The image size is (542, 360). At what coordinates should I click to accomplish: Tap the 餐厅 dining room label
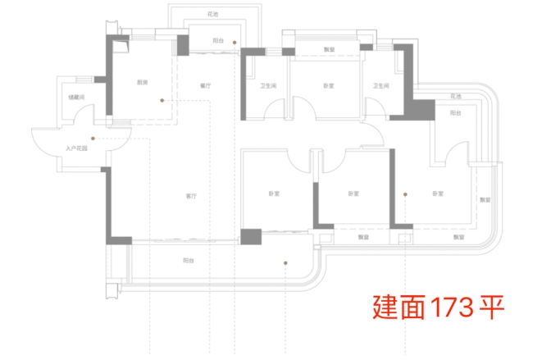pyautogui.click(x=206, y=85)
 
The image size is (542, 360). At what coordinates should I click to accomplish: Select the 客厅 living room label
pyautogui.click(x=190, y=197)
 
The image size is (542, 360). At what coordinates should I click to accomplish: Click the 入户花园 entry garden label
pyautogui.click(x=76, y=149)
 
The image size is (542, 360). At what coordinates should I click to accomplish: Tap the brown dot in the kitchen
pyautogui.click(x=162, y=100)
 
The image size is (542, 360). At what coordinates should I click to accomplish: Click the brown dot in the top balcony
pyautogui.click(x=235, y=41)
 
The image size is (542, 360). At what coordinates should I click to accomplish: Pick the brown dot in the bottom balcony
pyautogui.click(x=285, y=263)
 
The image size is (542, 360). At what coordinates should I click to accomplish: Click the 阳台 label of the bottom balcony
pyautogui.click(x=189, y=261)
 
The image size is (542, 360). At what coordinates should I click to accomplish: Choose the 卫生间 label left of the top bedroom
pyautogui.click(x=267, y=85)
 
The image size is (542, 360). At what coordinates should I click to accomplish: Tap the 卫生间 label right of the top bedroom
pyautogui.click(x=379, y=85)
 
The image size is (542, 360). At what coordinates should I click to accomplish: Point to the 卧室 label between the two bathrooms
pyautogui.click(x=328, y=85)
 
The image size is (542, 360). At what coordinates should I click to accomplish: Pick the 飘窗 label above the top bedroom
pyautogui.click(x=329, y=49)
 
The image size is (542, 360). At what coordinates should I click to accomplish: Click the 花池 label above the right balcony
pyautogui.click(x=455, y=97)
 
